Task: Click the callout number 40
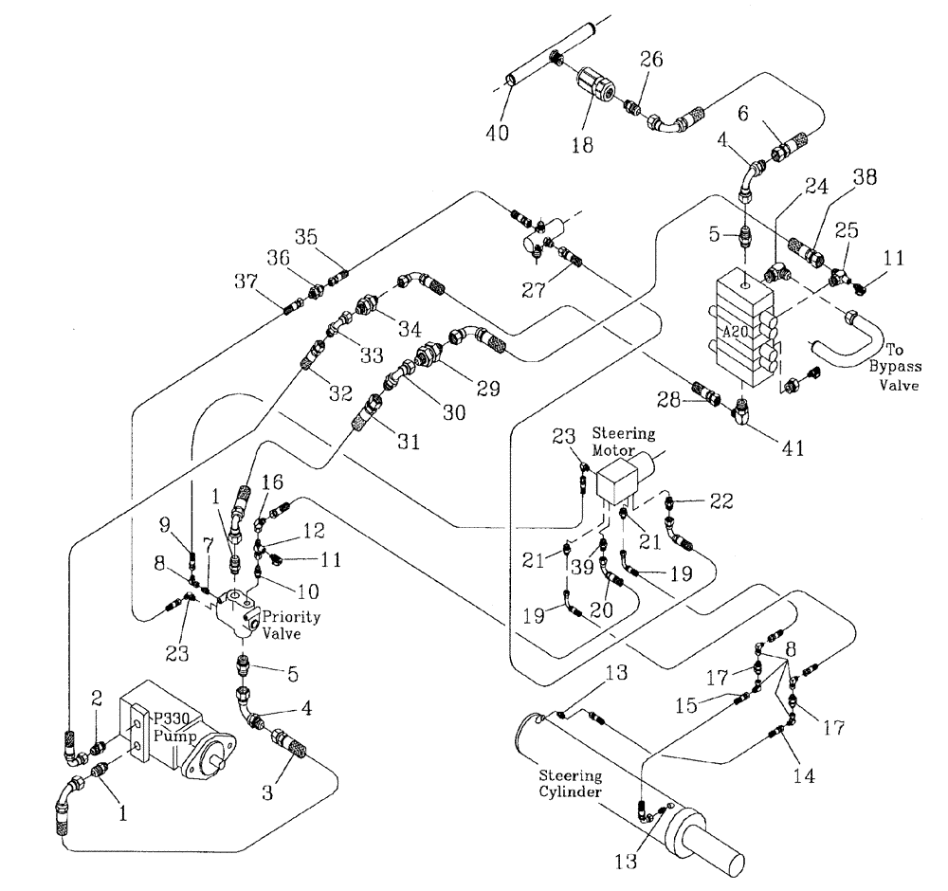(496, 133)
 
